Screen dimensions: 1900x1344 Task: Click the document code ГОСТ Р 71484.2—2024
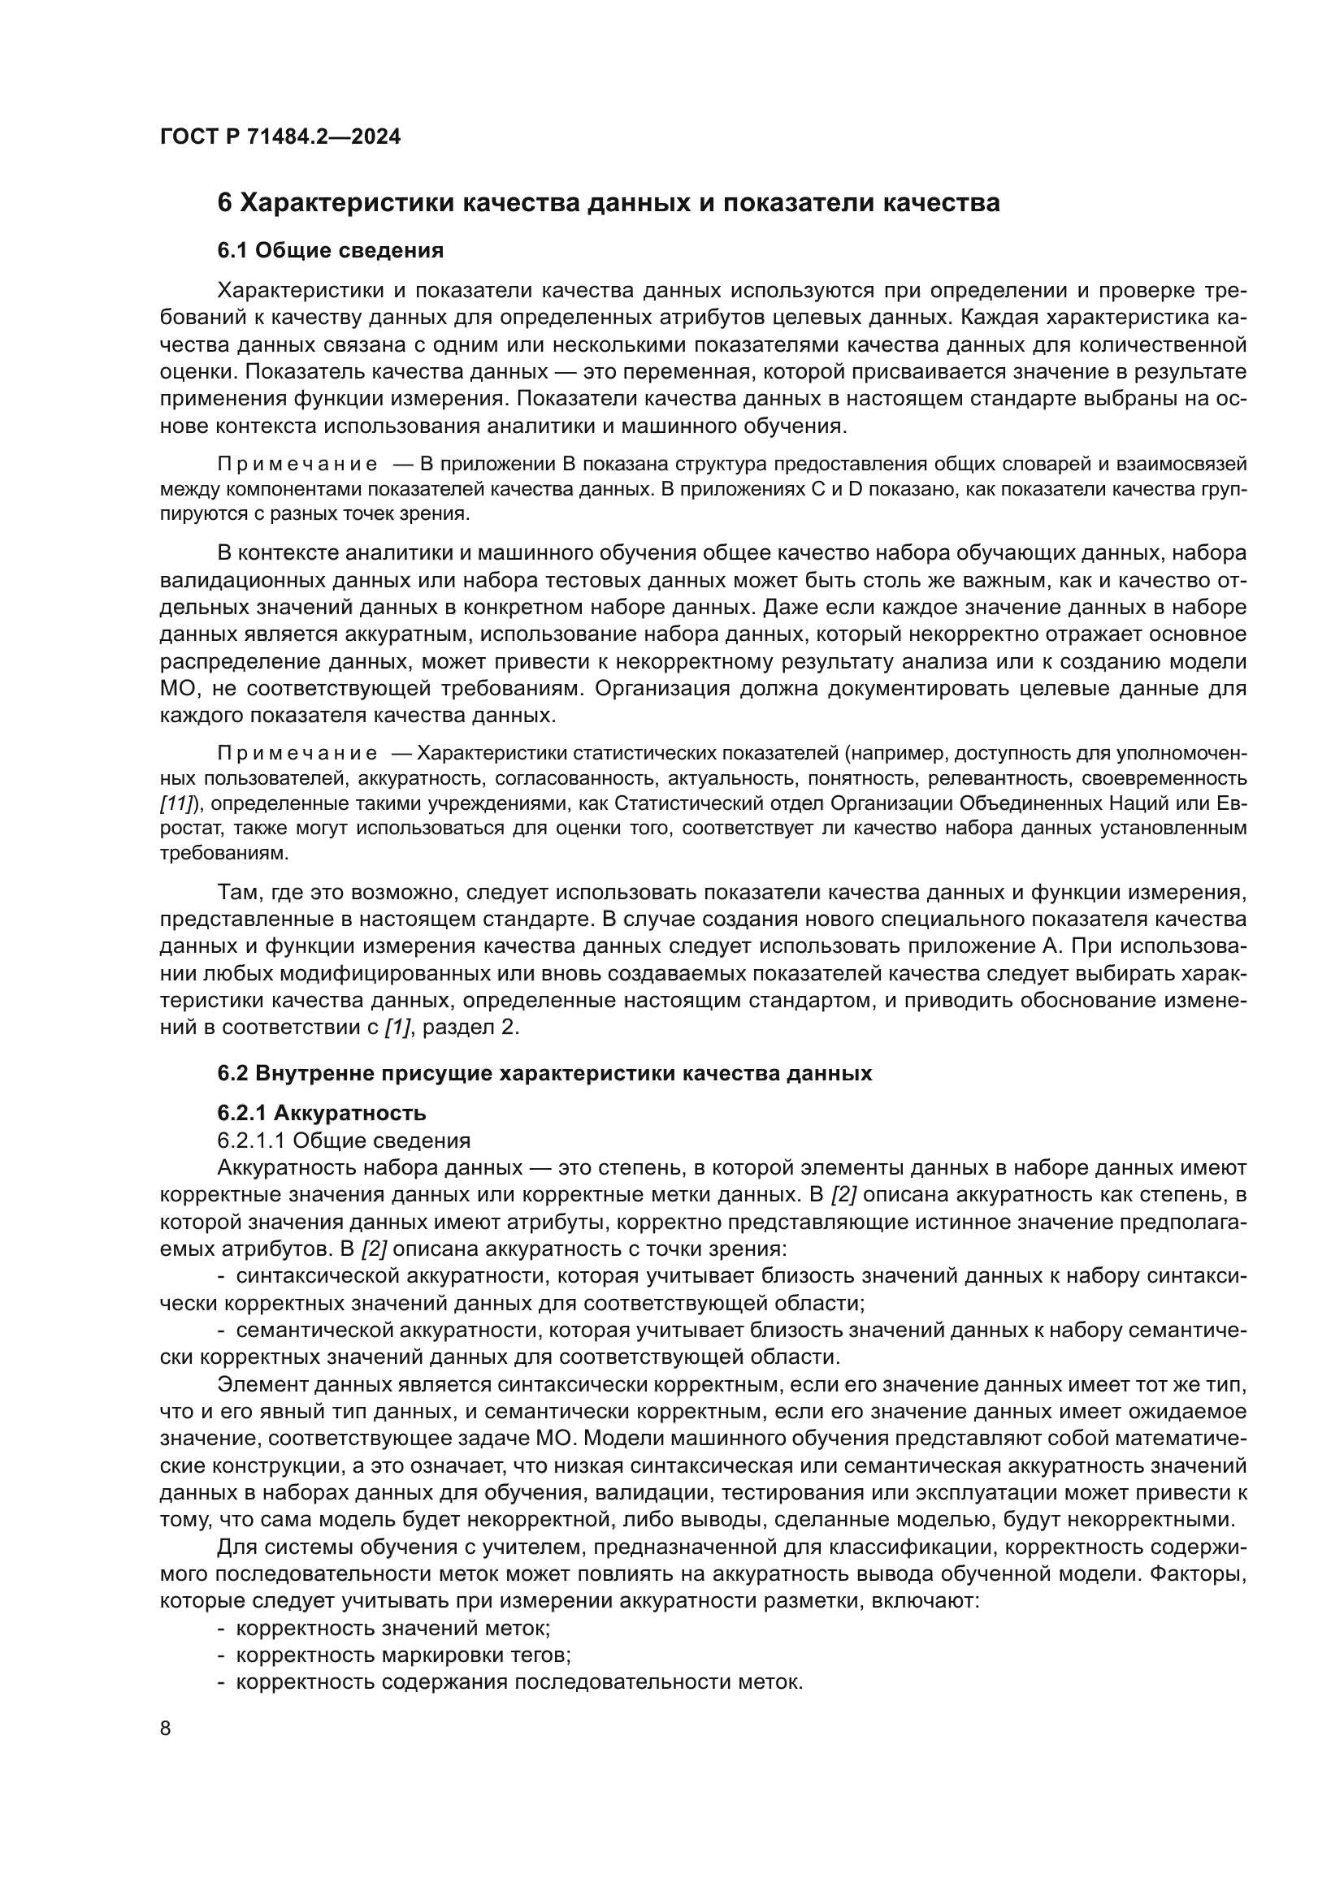point(280,136)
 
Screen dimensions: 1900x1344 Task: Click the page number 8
point(166,1729)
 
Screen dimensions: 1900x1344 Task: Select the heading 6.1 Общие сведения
point(330,251)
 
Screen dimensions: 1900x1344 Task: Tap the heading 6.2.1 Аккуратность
point(322,1113)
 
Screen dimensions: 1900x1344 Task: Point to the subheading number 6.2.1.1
point(251,1140)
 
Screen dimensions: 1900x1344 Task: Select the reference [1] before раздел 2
point(397,1027)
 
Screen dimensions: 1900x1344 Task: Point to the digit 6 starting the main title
point(224,203)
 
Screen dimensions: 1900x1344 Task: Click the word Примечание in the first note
point(297,463)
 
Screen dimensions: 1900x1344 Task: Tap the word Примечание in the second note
point(297,753)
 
